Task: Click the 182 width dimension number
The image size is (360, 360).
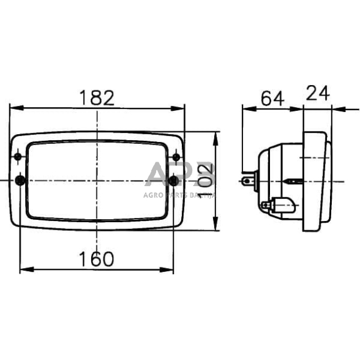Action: coord(97,97)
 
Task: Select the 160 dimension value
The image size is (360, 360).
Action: coord(97,259)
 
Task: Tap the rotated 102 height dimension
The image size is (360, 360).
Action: coord(206,174)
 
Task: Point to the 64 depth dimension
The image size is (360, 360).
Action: coord(272,98)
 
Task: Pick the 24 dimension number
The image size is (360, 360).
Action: coord(317,93)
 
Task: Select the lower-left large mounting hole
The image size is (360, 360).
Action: coord(20,181)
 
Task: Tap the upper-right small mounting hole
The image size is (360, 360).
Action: coord(176,158)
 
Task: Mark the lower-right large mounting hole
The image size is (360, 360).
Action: coord(174,181)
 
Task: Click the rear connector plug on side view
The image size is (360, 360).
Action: coord(248,181)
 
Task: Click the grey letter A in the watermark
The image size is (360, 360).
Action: coord(159,175)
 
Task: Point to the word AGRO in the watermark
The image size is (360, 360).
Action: coord(153,195)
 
